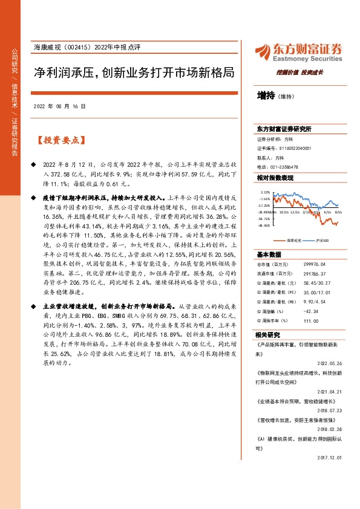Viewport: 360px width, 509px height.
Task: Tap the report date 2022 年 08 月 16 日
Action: pos(59,106)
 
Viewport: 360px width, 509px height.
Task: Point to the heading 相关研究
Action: pos(267,334)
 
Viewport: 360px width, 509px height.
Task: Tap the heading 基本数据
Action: pos(267,254)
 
